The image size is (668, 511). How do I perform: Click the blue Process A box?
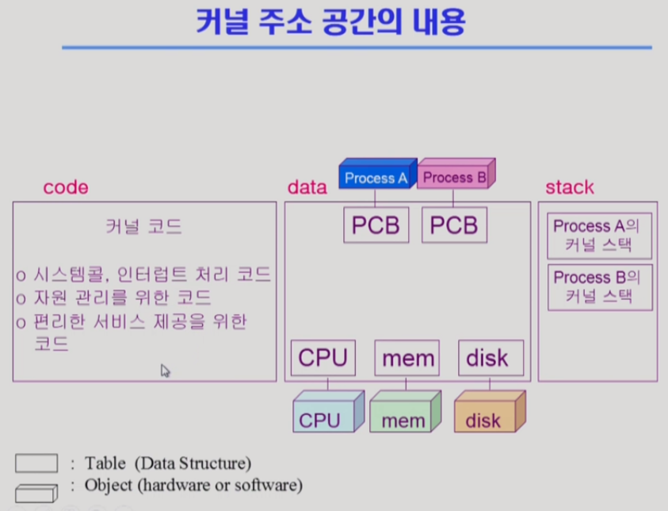click(375, 177)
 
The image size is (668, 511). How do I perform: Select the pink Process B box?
click(454, 176)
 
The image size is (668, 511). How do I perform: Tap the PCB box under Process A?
click(376, 225)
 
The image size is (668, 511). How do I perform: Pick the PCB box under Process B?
click(454, 225)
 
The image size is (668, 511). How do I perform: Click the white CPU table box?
click(323, 358)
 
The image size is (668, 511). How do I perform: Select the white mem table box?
click(407, 358)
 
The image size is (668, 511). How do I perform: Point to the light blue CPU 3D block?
click(326, 413)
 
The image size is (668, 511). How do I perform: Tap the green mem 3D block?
click(403, 413)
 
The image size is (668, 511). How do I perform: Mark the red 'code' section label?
click(65, 188)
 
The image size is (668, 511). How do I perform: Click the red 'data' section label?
click(307, 188)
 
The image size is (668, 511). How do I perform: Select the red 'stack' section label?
click(569, 188)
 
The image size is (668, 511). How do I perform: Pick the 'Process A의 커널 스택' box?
click(599, 235)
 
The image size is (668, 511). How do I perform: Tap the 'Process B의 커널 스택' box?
click(599, 286)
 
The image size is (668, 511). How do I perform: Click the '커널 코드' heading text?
click(143, 228)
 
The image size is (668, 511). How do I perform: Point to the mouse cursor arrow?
click(165, 370)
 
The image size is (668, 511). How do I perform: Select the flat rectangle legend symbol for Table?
click(36, 463)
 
